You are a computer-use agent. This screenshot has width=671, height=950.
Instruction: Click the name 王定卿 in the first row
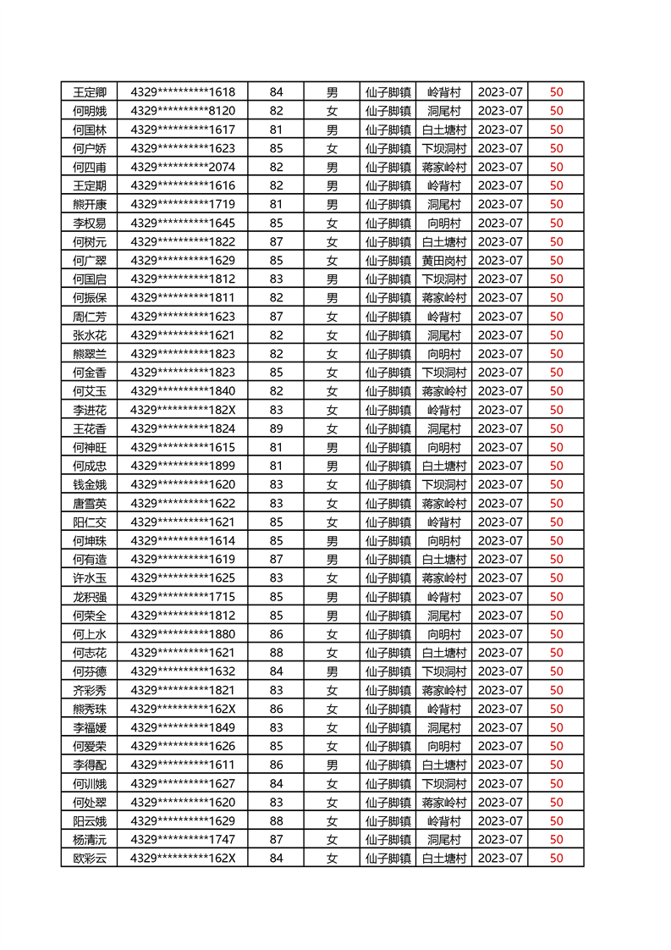pyautogui.click(x=90, y=91)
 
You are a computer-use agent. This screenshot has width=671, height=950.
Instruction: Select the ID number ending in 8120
pyautogui.click(x=183, y=110)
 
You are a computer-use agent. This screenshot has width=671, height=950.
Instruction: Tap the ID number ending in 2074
pyautogui.click(x=183, y=167)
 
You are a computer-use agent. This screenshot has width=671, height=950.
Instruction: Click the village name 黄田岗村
pyautogui.click(x=443, y=260)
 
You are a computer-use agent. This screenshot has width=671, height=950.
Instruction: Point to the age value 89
pyautogui.click(x=276, y=428)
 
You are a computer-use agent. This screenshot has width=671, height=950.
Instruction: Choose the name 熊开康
pyautogui.click(x=90, y=204)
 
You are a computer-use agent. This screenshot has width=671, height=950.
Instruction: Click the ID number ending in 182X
pyautogui.click(x=183, y=410)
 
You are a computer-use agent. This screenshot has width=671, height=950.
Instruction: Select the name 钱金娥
pyautogui.click(x=90, y=484)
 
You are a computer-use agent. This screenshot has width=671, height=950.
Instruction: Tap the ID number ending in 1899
pyautogui.click(x=183, y=466)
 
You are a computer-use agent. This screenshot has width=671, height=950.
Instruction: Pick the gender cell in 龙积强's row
pyautogui.click(x=332, y=596)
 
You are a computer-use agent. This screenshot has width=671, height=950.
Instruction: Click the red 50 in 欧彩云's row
pyautogui.click(x=556, y=858)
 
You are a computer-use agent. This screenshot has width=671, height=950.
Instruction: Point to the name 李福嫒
pyautogui.click(x=90, y=727)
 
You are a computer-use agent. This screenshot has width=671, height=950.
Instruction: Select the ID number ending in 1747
pyautogui.click(x=183, y=839)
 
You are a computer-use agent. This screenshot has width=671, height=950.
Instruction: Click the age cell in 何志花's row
pyautogui.click(x=276, y=653)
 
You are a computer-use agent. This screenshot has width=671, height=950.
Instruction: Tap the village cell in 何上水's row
pyautogui.click(x=443, y=634)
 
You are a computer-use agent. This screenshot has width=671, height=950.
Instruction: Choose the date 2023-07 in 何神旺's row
pyautogui.click(x=500, y=447)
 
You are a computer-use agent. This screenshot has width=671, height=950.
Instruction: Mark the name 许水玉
pyautogui.click(x=90, y=577)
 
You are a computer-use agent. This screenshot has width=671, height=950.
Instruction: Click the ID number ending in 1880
pyautogui.click(x=183, y=634)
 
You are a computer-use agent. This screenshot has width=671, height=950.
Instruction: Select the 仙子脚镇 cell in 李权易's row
pyautogui.click(x=388, y=223)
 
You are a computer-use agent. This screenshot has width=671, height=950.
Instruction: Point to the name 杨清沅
pyautogui.click(x=90, y=839)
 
